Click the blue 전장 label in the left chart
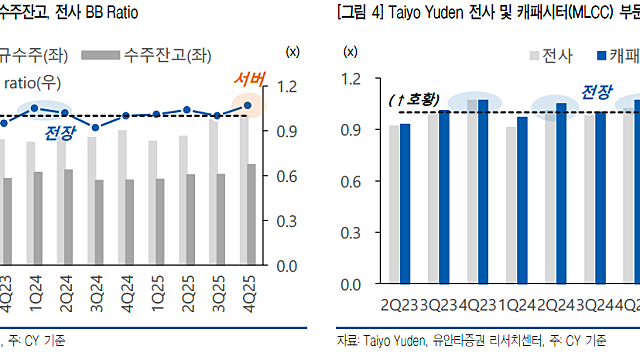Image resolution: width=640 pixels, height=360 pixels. click(60, 132)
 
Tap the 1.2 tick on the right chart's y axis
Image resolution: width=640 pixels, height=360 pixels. click(350, 79)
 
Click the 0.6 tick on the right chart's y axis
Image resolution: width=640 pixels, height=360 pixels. click(350, 181)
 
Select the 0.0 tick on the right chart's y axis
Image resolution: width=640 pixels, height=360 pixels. click(350, 284)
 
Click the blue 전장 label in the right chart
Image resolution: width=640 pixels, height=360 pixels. click(597, 93)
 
